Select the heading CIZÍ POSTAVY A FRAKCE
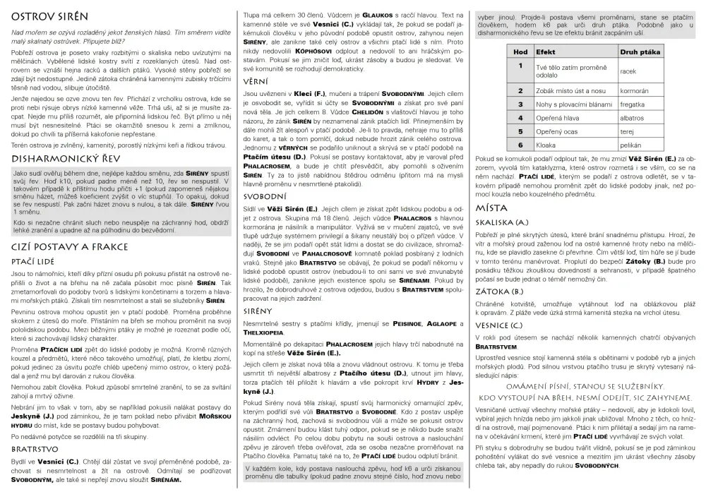click(x=70, y=247)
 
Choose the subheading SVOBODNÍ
click(x=265, y=196)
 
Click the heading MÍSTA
click(x=492, y=208)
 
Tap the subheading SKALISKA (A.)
click(x=503, y=222)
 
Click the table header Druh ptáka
click(x=640, y=52)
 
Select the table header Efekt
click(x=546, y=52)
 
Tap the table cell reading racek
click(x=628, y=71)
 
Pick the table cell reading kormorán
click(x=634, y=91)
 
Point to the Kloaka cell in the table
click(x=546, y=144)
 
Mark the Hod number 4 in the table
click(x=520, y=117)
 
